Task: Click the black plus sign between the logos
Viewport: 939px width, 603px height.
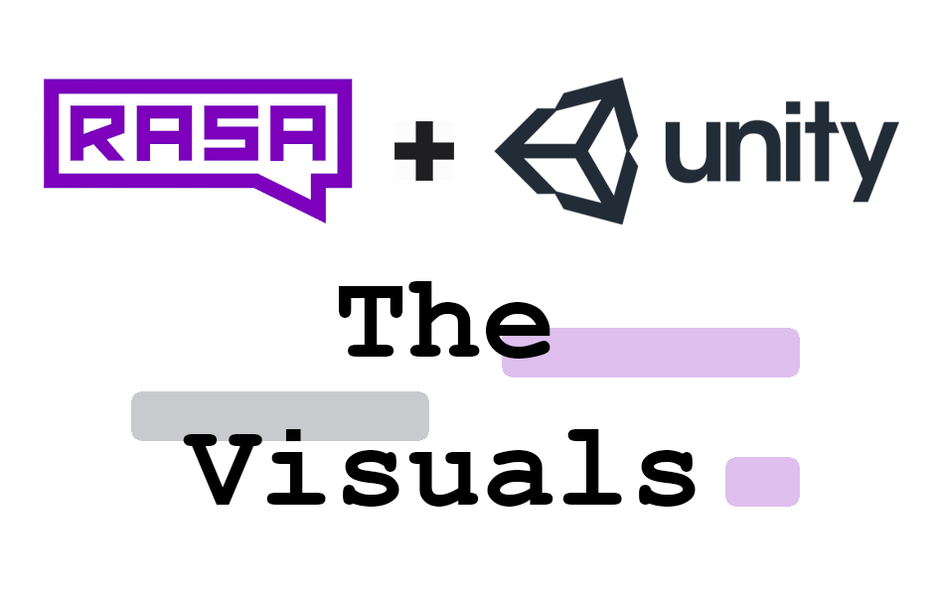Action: (424, 151)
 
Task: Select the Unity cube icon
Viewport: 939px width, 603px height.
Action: (566, 150)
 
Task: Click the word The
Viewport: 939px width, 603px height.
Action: (444, 323)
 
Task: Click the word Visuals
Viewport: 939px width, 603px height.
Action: (444, 471)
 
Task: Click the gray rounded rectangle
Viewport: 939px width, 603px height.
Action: (280, 416)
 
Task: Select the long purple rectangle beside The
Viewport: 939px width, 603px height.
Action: (676, 353)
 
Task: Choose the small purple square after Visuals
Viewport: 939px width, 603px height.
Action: (762, 481)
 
